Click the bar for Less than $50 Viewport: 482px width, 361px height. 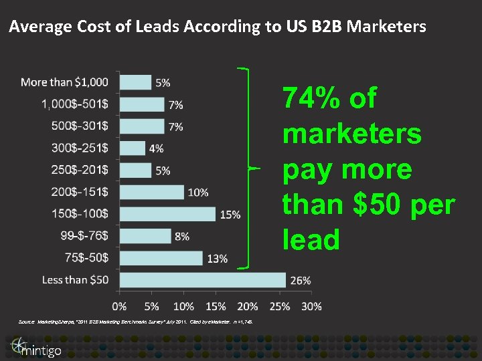(x=203, y=280)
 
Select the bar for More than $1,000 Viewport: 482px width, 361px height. (x=136, y=82)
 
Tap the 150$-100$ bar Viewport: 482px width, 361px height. (x=168, y=214)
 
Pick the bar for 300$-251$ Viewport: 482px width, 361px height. (x=133, y=148)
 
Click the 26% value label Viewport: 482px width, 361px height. (x=301, y=281)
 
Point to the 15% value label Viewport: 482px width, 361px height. (x=230, y=215)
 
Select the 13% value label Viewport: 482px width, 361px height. (x=218, y=259)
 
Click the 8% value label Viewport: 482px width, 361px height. (x=181, y=237)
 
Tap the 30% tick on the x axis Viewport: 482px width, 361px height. (x=311, y=306)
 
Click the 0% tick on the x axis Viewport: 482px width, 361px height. (x=120, y=306)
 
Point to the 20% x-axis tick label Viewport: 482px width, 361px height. (x=248, y=306)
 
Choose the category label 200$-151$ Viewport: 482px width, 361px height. (x=80, y=192)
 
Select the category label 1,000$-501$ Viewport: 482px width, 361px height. (x=75, y=104)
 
